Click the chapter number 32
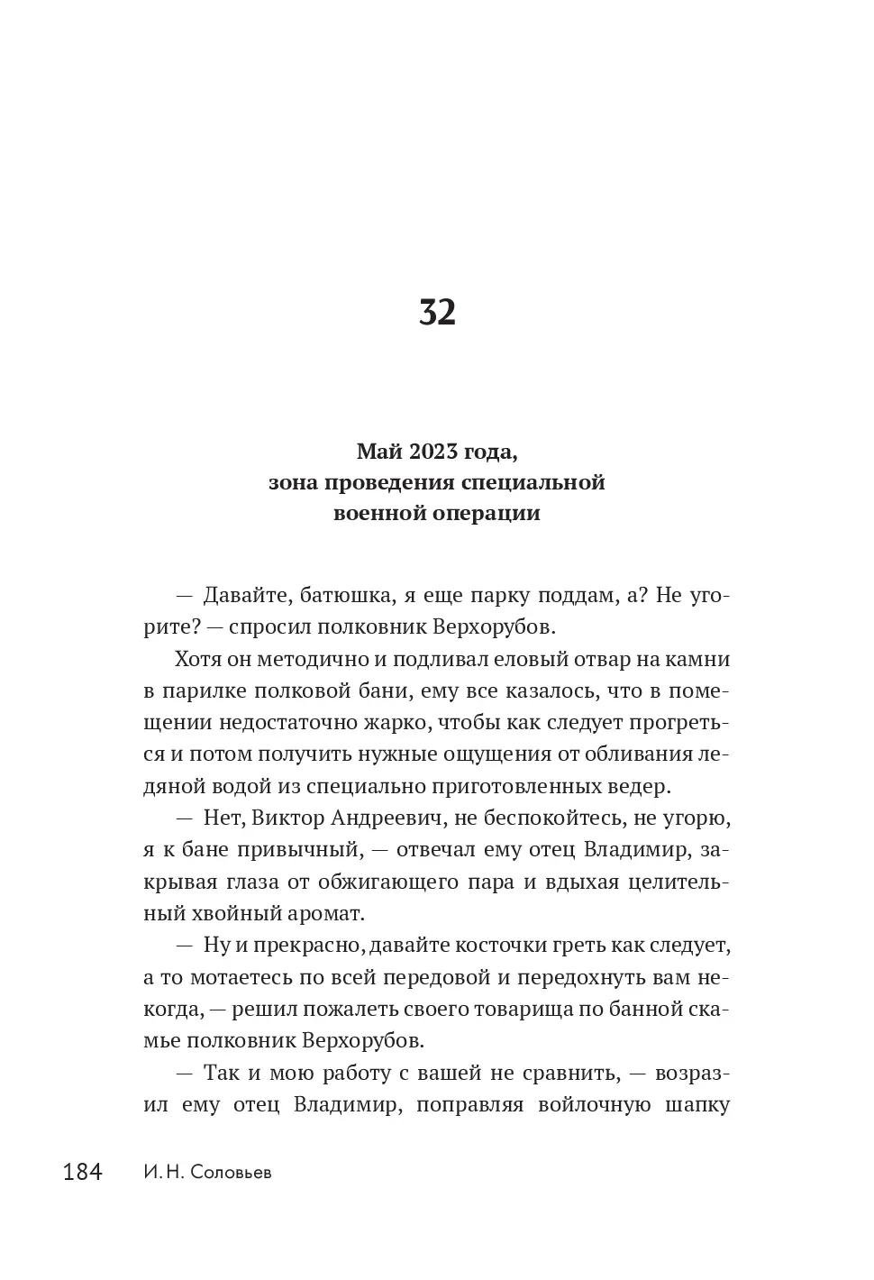click(437, 312)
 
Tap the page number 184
click(83, 1173)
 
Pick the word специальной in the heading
click(533, 482)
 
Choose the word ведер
click(639, 786)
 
